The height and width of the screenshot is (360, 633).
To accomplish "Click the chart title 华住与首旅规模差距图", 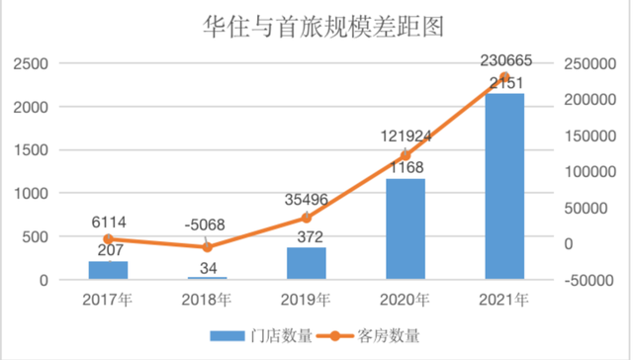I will (x=316, y=26).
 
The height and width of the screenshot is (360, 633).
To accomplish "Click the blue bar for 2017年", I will (x=108, y=271).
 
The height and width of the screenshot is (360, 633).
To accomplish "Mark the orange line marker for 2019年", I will (x=306, y=218).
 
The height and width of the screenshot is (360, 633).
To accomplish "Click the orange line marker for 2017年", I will (x=108, y=238).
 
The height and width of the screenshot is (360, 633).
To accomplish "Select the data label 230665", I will (x=506, y=61).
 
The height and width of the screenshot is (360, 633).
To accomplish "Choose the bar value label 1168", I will (x=405, y=167).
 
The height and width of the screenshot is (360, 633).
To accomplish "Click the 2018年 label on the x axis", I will (x=207, y=300).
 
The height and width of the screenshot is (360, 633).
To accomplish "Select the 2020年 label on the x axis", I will (x=405, y=300).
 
